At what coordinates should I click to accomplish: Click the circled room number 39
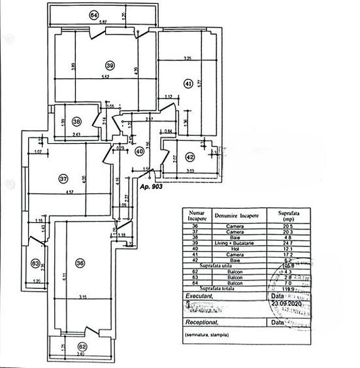(110, 65)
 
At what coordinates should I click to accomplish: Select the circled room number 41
(188, 83)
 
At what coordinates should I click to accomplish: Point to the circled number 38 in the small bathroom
(77, 121)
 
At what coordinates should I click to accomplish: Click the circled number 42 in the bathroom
(189, 156)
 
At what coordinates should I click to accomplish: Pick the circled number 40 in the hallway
(139, 152)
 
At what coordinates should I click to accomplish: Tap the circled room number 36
(79, 263)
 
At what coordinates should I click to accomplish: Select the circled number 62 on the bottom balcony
(82, 347)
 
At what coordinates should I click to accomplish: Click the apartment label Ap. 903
(152, 186)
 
